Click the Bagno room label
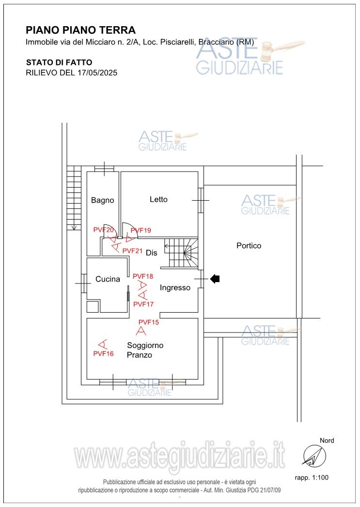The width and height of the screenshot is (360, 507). coord(102,201)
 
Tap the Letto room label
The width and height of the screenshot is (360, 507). coord(158,200)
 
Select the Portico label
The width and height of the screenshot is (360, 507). coord(249,246)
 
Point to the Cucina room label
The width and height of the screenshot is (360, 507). coord(108,279)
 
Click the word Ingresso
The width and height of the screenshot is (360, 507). coord(175,288)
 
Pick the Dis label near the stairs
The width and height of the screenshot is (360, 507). coord(152,253)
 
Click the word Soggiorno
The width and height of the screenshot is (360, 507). coord(145,346)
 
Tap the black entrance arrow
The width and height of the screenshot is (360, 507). coord(215,278)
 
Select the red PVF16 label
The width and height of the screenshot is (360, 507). coord(103,354)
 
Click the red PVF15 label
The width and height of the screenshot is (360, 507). coord(149,322)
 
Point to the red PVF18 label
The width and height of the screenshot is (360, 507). coord(143,276)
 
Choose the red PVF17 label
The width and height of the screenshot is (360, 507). coord(143,304)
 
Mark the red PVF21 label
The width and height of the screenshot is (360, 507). coord(132,251)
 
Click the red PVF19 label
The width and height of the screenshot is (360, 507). coord(141,230)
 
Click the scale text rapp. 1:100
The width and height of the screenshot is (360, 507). coord(312,477)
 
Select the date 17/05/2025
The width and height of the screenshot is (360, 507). coord(97,73)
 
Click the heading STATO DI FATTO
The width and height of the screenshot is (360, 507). coord(59,63)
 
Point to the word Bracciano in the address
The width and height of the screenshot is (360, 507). coord(216,42)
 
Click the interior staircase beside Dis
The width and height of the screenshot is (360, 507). coord(182,253)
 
